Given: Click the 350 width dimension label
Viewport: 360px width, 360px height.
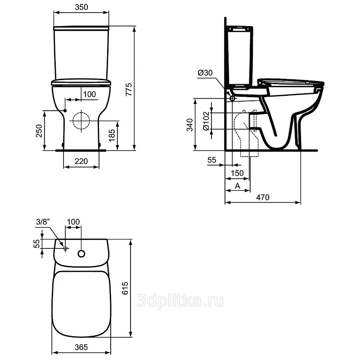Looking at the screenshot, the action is point(81,7).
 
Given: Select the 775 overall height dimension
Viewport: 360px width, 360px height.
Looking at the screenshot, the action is point(129,89).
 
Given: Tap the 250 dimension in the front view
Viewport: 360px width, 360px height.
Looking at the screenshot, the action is point(39,130).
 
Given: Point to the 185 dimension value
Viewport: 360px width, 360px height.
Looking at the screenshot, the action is point(112,135).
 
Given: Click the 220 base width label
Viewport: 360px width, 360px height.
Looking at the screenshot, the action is point(81,161).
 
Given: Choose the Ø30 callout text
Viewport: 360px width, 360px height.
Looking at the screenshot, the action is point(205,73).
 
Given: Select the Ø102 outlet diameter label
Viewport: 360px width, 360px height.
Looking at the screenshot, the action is point(207,121).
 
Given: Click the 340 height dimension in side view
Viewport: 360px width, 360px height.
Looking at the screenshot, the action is point(189,125).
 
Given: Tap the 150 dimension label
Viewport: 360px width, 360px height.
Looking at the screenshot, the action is point(237,173).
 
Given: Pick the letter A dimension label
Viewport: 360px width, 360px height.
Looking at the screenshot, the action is point(238,186).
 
